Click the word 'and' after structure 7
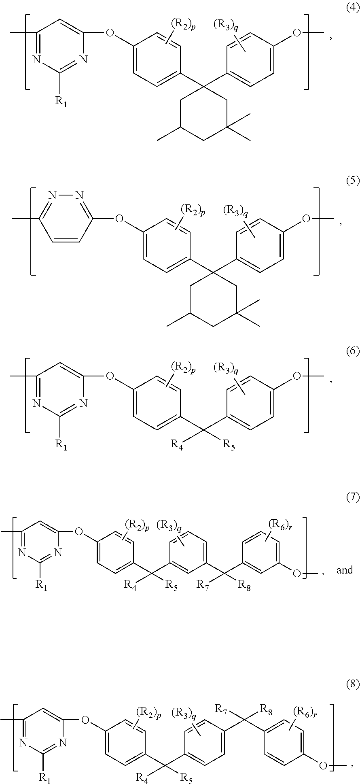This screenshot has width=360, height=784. point(345,570)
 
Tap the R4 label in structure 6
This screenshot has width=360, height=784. point(176,445)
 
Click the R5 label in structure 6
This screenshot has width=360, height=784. point(228,445)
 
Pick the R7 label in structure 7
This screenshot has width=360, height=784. point(203,585)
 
